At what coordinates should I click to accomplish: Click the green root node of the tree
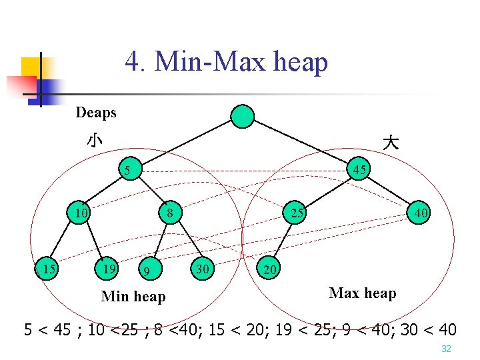point(243,117)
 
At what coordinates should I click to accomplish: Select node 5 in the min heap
point(127,171)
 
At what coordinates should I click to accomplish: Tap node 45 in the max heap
point(360,170)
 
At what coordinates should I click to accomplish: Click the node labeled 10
point(82,213)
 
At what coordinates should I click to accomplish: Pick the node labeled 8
point(170,214)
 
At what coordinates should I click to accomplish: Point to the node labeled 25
point(297,213)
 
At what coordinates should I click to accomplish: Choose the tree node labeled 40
point(421,213)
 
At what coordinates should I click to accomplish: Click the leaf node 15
point(47,269)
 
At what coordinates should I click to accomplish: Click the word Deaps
point(96,113)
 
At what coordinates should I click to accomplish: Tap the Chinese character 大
point(391,142)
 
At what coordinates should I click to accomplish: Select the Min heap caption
point(133,297)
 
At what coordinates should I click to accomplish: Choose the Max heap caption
point(363,293)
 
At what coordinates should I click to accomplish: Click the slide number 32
point(446,349)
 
